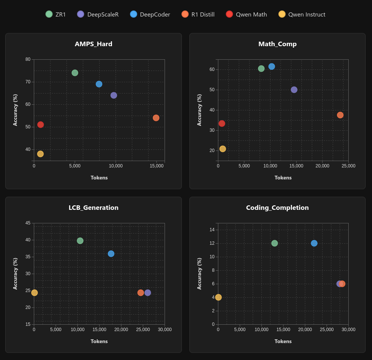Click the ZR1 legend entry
click(55, 14)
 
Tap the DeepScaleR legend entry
click(98, 14)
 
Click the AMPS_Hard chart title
click(94, 44)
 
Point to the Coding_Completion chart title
click(277, 208)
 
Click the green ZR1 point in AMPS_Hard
click(75, 73)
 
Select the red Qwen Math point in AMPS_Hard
click(41, 125)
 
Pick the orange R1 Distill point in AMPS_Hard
click(156, 118)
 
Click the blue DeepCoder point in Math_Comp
click(272, 66)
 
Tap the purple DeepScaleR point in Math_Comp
click(294, 90)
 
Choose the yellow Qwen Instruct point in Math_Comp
click(223, 149)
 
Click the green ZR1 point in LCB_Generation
click(80, 241)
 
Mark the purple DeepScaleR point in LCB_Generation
click(148, 292)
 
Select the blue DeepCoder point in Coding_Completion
click(314, 243)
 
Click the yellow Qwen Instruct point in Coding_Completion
click(218, 297)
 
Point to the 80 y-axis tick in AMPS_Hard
click(28, 59)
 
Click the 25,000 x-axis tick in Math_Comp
click(348, 166)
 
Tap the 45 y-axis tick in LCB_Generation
click(28, 223)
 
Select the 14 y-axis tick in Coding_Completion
click(212, 230)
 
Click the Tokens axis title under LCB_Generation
click(99, 341)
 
